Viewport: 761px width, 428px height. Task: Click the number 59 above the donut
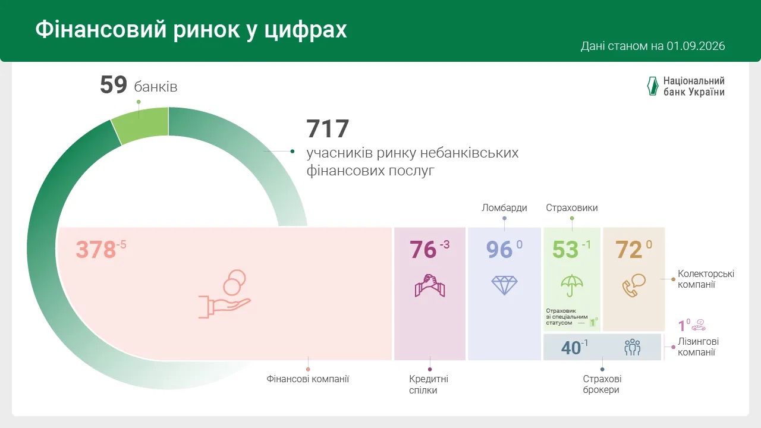point(114,84)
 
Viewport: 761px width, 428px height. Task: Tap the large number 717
point(328,129)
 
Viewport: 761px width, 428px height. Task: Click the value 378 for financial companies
point(96,250)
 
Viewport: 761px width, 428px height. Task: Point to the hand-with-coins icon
point(225,294)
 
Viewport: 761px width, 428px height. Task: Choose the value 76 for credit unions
point(423,250)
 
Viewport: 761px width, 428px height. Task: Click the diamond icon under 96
point(504,285)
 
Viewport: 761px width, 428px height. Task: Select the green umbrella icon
point(572,285)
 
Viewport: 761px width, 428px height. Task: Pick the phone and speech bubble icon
point(634,285)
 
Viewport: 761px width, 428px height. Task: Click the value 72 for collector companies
point(628,250)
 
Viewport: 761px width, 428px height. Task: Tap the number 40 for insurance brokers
point(571,348)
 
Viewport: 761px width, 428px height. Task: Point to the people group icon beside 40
point(632,347)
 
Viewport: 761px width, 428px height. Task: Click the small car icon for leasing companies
point(699,325)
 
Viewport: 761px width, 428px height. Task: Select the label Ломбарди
point(504,207)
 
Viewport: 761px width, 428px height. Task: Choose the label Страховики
point(572,207)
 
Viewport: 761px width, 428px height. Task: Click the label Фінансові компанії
point(308,379)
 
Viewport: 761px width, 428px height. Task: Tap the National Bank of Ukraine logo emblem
point(653,86)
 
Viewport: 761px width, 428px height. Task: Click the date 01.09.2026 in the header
point(696,46)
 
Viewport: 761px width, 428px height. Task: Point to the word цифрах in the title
point(305,30)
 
